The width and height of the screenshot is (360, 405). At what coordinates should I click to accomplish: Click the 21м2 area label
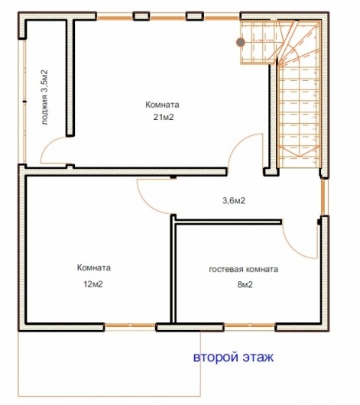(x=164, y=117)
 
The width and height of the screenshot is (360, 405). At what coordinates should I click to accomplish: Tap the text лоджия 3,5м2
(x=44, y=97)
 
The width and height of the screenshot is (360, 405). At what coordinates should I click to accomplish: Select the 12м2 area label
(x=93, y=284)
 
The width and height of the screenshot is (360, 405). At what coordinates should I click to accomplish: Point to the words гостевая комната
(x=244, y=270)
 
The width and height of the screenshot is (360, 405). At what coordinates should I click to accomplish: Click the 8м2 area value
(x=245, y=284)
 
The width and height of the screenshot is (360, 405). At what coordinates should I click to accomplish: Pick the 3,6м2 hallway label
(x=234, y=200)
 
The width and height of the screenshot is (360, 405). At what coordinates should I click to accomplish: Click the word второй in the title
(x=216, y=357)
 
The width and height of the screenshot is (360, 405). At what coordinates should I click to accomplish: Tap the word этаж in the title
(x=258, y=357)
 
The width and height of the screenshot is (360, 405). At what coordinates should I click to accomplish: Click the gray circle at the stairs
(x=241, y=42)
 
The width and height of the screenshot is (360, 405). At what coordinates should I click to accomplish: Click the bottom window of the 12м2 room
(x=130, y=326)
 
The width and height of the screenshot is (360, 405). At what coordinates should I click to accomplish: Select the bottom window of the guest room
(x=249, y=326)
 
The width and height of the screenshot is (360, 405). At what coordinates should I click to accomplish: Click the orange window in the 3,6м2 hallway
(x=323, y=197)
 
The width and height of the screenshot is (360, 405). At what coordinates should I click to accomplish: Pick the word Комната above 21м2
(x=162, y=105)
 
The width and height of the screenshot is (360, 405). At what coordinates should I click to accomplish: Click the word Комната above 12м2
(x=94, y=267)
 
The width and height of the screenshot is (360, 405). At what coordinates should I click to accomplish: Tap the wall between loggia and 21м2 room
(x=70, y=77)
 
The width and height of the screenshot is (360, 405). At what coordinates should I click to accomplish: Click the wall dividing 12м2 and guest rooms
(x=174, y=269)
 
